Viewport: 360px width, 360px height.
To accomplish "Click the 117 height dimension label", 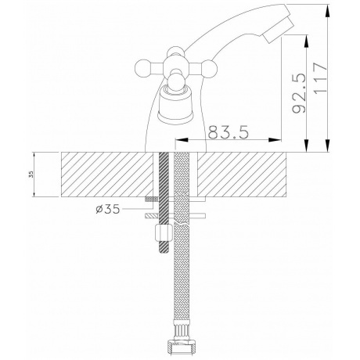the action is tap(320, 77).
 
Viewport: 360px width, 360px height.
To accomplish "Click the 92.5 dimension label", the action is tap(299, 93).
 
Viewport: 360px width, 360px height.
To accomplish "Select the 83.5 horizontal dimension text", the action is tap(229, 132).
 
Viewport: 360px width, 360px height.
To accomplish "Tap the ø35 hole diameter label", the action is tap(108, 209).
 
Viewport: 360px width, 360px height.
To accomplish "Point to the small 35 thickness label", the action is tap(31, 175).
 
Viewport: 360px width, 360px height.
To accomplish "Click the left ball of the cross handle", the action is tap(143, 68).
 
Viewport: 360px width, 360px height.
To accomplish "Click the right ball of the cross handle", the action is tap(210, 68).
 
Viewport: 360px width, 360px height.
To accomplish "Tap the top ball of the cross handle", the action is tap(175, 52).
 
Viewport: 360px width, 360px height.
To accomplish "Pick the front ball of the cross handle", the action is tap(176, 81).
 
